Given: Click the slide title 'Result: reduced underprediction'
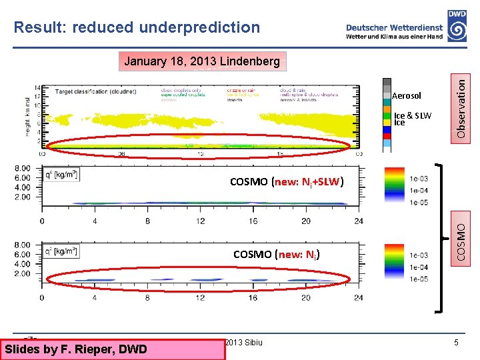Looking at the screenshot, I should click(x=137, y=27).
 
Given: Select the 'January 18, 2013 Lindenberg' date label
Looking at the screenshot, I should click(x=202, y=61).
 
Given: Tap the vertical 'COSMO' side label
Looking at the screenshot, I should click(x=461, y=237).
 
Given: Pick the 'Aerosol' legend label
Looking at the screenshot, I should click(x=407, y=96).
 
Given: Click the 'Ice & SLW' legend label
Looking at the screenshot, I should click(x=413, y=115).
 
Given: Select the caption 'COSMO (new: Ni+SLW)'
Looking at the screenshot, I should click(x=287, y=181).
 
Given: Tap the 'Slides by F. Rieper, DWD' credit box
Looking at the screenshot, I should click(x=75, y=349).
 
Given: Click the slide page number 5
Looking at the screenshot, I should click(x=456, y=343).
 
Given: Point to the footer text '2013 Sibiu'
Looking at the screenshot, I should click(x=244, y=343).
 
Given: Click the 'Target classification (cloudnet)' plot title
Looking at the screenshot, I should click(x=92, y=91).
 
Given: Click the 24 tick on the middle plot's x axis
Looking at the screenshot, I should click(x=359, y=221).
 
